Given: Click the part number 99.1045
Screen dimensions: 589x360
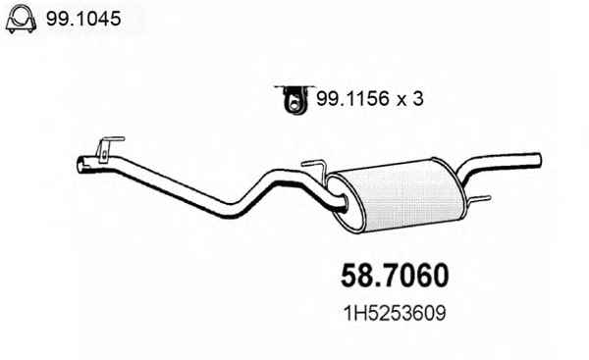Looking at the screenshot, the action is (83, 19).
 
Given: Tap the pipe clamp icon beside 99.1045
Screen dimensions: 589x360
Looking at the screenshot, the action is (21, 19).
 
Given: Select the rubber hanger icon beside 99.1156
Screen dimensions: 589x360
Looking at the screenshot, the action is (294, 99).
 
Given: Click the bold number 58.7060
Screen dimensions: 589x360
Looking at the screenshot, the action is (395, 276).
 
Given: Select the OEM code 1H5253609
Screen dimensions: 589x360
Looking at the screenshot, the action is (395, 314).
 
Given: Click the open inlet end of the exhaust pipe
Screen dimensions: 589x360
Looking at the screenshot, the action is (80, 165).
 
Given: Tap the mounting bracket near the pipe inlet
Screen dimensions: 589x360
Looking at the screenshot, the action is (106, 149).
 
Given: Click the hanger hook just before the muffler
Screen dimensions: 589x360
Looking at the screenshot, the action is (318, 170).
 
